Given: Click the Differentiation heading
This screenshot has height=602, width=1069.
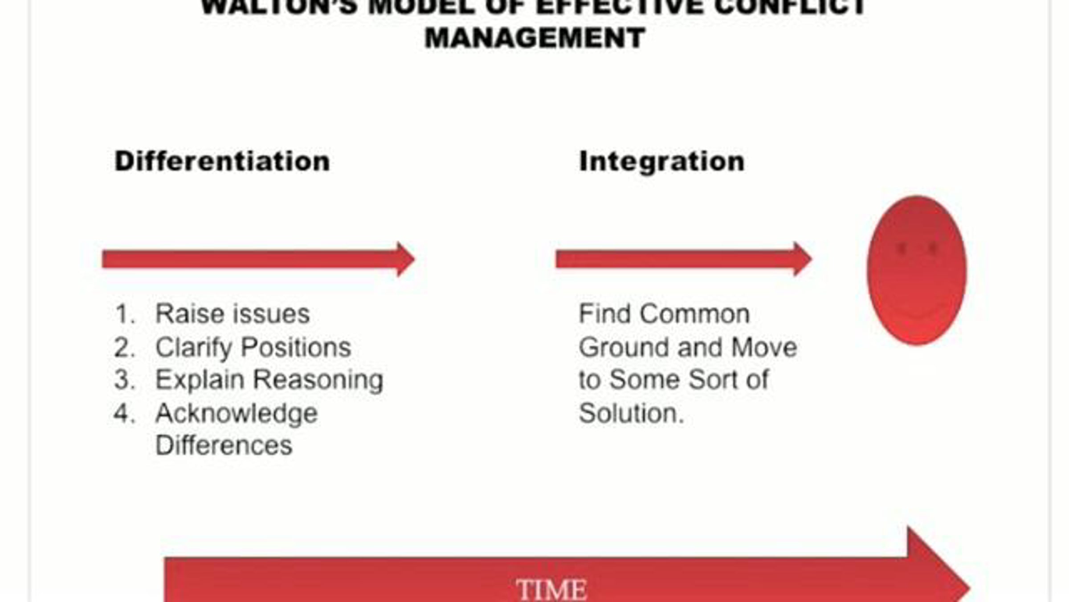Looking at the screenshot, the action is click(222, 161).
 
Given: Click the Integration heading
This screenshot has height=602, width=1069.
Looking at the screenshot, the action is click(662, 161).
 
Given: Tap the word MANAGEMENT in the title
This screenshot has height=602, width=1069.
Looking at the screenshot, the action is click(535, 38).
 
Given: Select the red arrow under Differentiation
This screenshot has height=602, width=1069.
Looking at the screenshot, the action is click(258, 259).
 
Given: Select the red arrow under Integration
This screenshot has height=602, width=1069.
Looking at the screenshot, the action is click(684, 259).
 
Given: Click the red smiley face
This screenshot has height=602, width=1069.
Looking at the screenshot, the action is click(917, 270).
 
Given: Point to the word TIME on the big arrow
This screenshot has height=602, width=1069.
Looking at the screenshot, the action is click(551, 590).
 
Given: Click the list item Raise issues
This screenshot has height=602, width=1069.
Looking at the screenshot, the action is click(233, 314).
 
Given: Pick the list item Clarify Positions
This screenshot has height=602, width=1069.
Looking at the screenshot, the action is click(253, 347).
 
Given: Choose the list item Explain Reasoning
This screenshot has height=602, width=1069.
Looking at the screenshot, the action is click(269, 380).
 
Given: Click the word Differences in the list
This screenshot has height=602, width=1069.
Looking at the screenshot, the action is click(224, 445).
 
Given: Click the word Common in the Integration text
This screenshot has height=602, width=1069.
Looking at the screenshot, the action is click(695, 314).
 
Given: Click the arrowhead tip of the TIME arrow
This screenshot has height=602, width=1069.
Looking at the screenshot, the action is click(970, 588).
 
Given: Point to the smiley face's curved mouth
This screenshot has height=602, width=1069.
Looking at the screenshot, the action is click(917, 312).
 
